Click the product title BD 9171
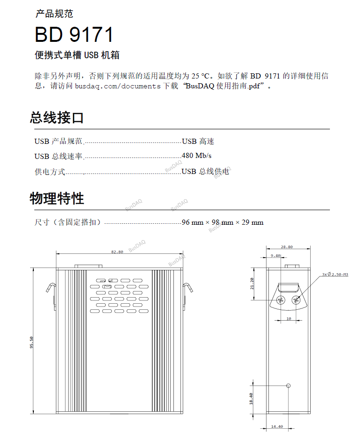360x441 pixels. (x=74, y=35)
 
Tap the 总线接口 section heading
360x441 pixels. (x=56, y=118)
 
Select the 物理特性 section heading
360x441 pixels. (x=56, y=198)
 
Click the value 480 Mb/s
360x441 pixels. (x=196, y=156)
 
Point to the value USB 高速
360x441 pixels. (x=198, y=141)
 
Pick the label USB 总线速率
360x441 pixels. (x=58, y=156)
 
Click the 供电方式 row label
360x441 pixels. (x=50, y=172)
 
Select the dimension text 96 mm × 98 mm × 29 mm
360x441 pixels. (x=223, y=222)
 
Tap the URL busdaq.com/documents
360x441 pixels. (x=117, y=86)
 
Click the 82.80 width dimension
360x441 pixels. (x=117, y=252)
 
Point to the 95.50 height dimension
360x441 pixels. (x=31, y=342)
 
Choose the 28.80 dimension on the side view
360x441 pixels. (x=287, y=247)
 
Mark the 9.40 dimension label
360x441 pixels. (x=275, y=256)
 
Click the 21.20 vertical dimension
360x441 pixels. (x=252, y=283)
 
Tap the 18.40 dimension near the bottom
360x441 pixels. (x=251, y=399)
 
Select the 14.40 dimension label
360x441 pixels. (x=277, y=426)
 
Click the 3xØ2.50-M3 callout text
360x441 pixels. (x=335, y=274)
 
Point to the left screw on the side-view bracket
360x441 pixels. (x=281, y=300)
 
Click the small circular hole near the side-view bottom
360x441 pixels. (x=288, y=386)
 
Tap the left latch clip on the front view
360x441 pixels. (x=51, y=288)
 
